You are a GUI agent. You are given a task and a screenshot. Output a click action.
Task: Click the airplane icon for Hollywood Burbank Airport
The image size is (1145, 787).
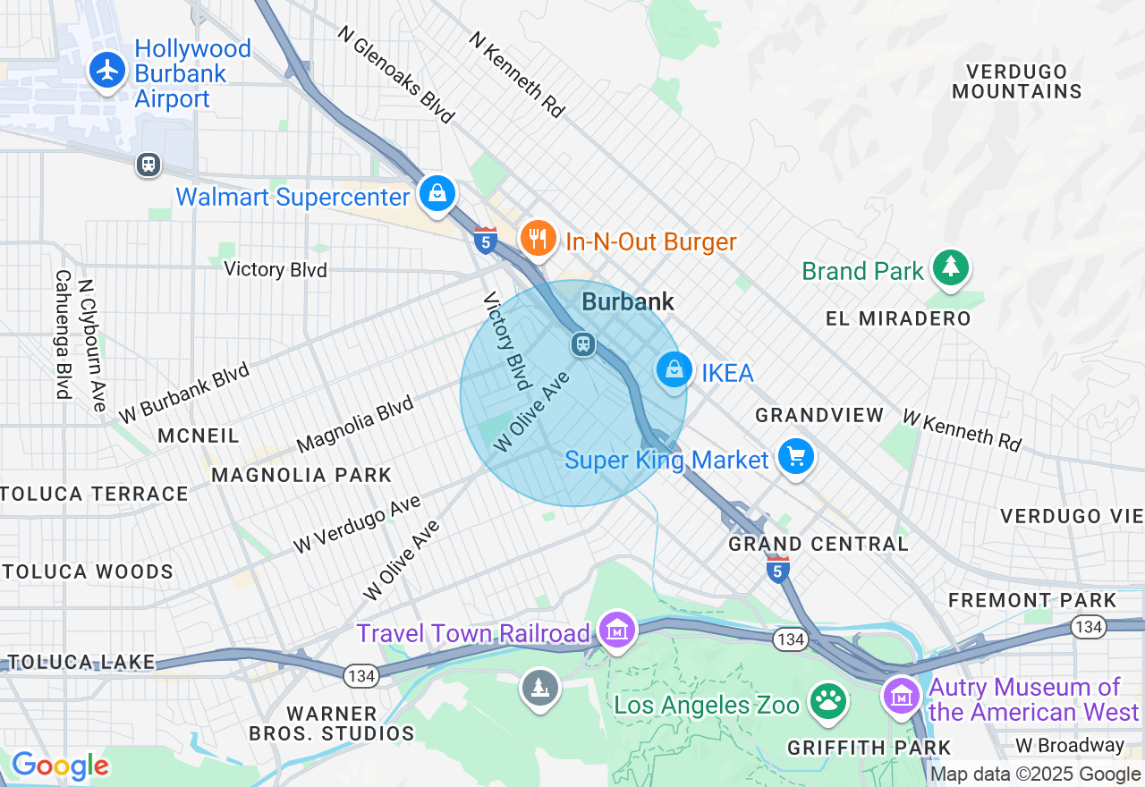pyautogui.click(x=108, y=69)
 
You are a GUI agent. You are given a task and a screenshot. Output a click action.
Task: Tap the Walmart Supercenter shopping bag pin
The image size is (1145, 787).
pyautogui.click(x=437, y=192)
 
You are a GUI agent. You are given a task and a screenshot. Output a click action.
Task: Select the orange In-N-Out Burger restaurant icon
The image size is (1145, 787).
pyautogui.click(x=538, y=239)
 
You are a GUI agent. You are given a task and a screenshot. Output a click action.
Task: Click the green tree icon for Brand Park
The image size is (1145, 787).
pyautogui.click(x=950, y=267)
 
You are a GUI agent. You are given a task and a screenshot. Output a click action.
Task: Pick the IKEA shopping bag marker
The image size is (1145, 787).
pyautogui.click(x=674, y=369)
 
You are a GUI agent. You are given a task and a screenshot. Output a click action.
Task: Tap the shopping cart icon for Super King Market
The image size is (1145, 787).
pyautogui.click(x=795, y=457)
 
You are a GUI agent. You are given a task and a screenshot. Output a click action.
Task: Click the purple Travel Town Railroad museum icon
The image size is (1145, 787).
pyautogui.click(x=617, y=630)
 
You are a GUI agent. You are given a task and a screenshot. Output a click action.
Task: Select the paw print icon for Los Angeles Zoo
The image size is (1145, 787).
pyautogui.click(x=829, y=702)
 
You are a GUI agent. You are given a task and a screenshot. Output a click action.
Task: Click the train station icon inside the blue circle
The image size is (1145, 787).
pyautogui.click(x=583, y=343)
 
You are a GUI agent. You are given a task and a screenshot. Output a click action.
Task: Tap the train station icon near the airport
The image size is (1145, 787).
pyautogui.click(x=148, y=165)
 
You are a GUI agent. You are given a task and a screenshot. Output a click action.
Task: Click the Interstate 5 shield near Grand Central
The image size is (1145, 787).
pyautogui.click(x=778, y=568)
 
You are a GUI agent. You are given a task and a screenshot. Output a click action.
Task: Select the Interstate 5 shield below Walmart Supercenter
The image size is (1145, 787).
pyautogui.click(x=485, y=240)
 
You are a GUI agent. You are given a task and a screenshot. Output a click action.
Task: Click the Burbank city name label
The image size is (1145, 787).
pyautogui.click(x=628, y=302)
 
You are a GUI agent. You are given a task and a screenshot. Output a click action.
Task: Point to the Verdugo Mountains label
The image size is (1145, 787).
pyautogui.click(x=1016, y=81)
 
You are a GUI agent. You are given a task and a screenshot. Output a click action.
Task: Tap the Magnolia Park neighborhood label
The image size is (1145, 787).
pyautogui.click(x=301, y=475)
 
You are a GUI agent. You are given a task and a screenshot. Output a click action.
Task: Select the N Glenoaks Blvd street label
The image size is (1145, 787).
pyautogui.click(x=396, y=73)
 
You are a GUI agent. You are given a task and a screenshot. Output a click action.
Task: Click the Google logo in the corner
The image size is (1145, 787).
pyautogui.click(x=60, y=766)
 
